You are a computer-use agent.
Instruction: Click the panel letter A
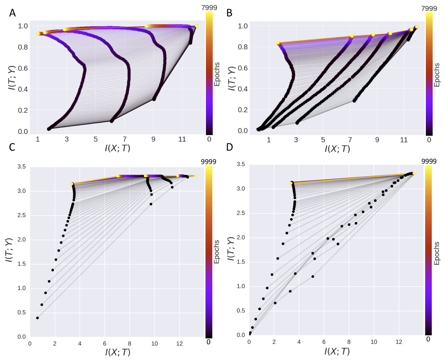[12, 13]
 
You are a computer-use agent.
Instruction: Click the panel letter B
[229, 13]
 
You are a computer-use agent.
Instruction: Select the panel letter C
[12, 147]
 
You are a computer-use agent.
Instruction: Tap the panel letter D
[229, 147]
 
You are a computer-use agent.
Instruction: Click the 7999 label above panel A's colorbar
[209, 8]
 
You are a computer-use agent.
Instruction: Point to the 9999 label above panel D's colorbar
[429, 161]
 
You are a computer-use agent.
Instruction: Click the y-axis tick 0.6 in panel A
[23, 68]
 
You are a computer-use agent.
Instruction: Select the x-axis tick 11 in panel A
[182, 139]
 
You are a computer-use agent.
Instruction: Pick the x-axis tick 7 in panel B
[350, 140]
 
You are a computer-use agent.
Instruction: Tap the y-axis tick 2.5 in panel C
[22, 215]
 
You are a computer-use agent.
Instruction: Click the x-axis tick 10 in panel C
[154, 343]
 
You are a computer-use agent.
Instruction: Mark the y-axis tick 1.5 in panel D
[241, 262]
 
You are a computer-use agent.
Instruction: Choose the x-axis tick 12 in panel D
[399, 342]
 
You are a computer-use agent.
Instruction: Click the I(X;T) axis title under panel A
[117, 148]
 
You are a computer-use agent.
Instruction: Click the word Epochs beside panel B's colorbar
[437, 75]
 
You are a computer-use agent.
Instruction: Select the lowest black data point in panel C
[38, 318]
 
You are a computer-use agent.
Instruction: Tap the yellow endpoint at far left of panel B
[278, 43]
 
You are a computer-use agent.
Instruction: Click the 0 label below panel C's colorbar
[209, 342]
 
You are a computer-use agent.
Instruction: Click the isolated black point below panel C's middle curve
[151, 204]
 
